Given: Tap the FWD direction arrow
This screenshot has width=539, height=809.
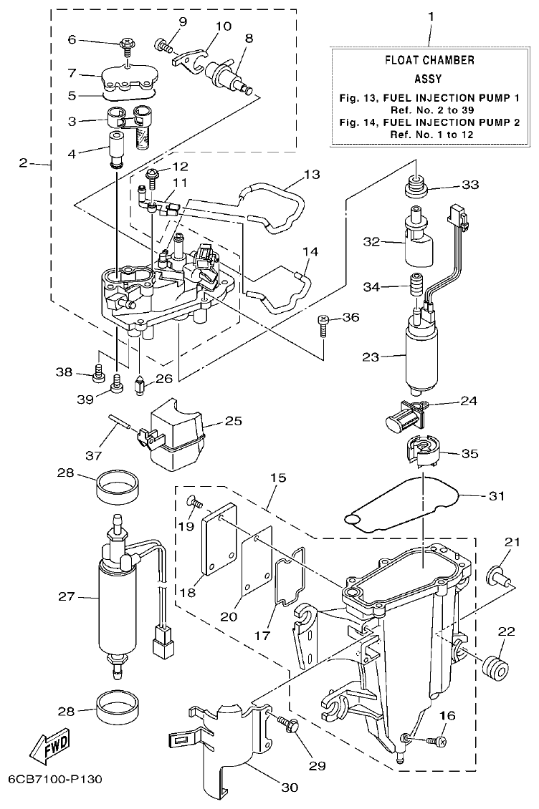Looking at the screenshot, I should coord(49,750).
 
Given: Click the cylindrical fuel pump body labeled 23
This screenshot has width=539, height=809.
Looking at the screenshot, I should coord(420,356).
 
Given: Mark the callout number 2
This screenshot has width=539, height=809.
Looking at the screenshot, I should coord(24,163).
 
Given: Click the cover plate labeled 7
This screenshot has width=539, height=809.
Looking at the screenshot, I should coord(130,77).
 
